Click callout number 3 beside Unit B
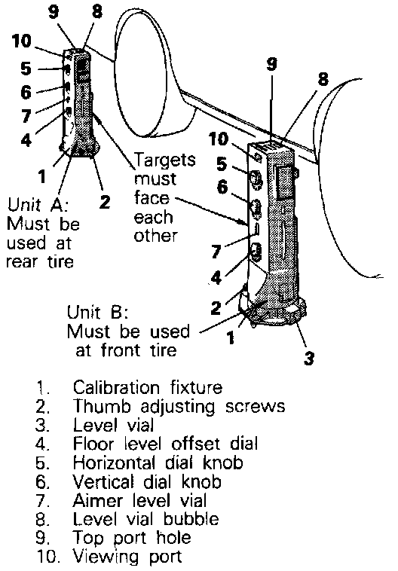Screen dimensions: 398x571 309,358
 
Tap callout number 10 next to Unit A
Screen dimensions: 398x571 22,41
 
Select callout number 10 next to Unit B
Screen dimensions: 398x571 219,139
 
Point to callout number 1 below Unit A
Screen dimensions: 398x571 42,176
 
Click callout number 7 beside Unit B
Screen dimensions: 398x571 216,252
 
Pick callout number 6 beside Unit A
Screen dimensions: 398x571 26,92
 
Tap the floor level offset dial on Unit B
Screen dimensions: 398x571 256,252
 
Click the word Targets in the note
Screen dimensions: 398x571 165,160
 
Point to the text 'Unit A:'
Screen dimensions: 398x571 38,205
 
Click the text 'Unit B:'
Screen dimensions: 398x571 97,313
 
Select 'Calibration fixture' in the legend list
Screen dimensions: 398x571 148,387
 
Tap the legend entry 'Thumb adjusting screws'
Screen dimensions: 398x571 179,406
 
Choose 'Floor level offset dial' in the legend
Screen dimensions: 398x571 166,444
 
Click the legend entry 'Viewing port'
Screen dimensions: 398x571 127,557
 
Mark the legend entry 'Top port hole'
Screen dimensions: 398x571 132,538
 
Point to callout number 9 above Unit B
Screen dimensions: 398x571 272,64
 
